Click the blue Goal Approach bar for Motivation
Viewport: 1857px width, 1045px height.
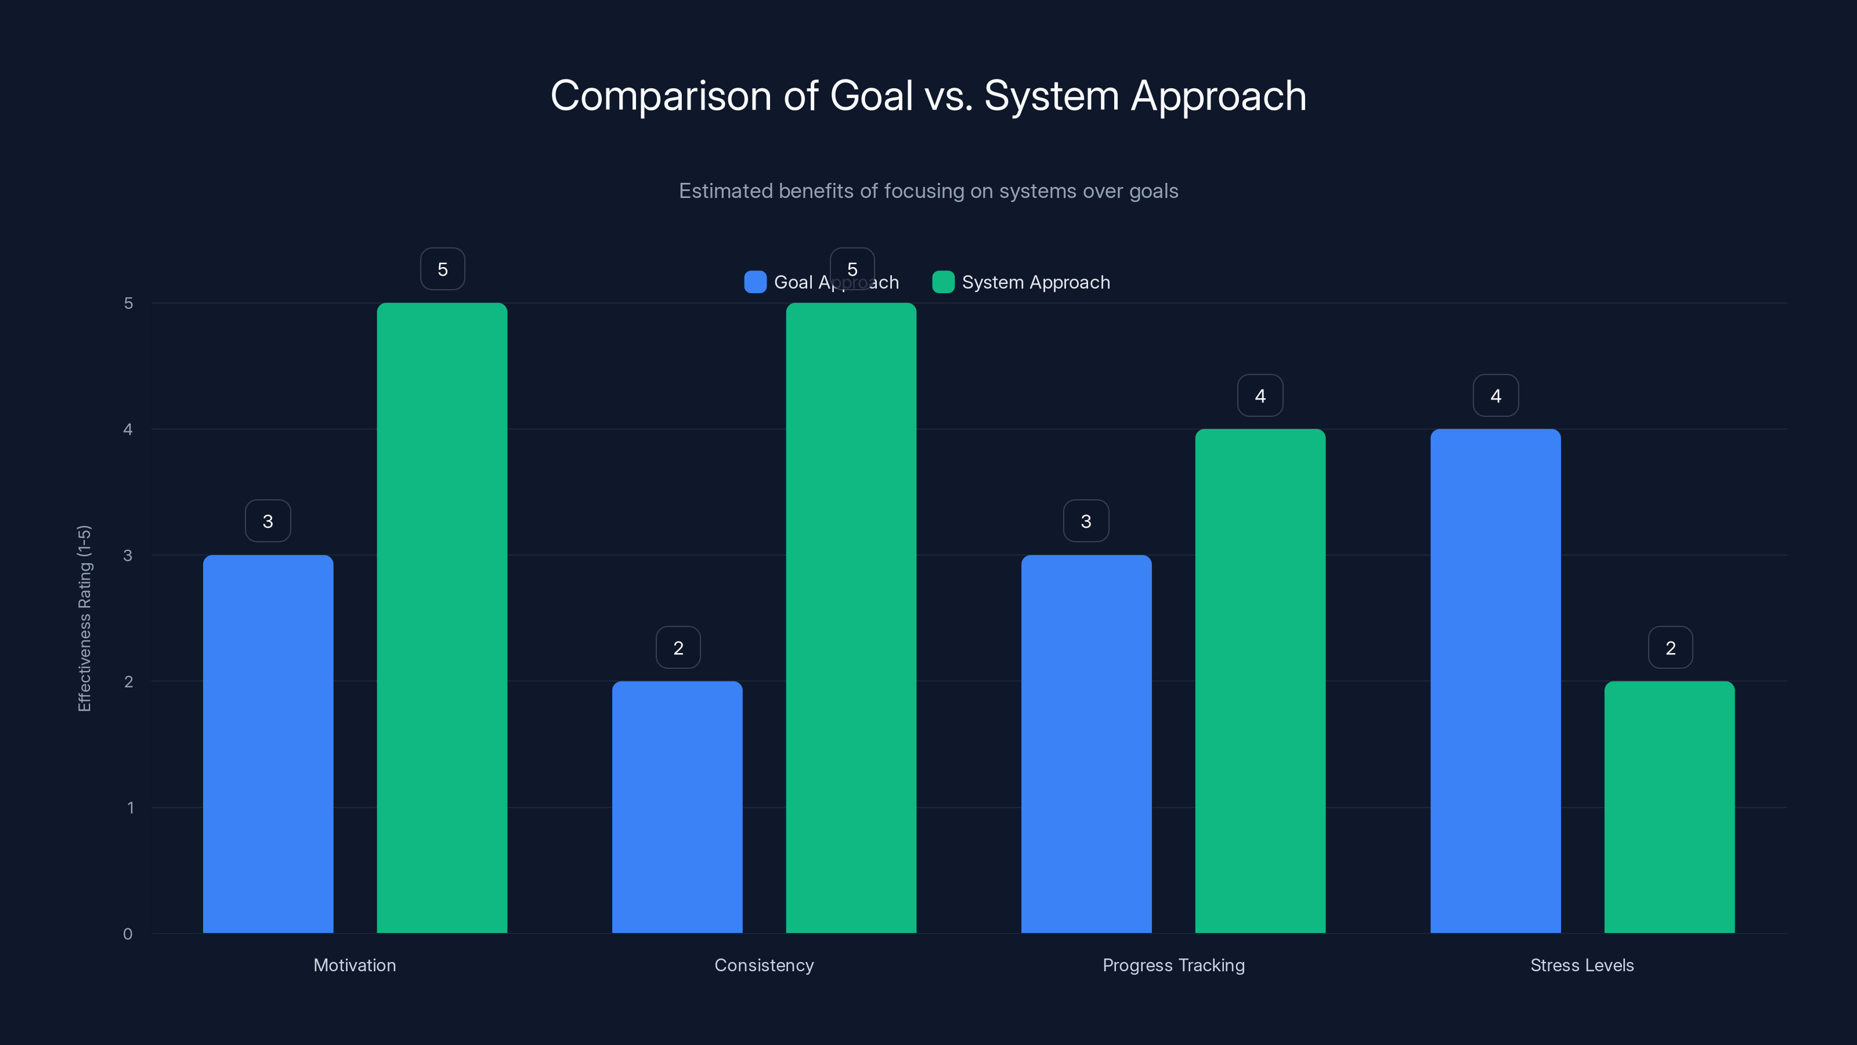(x=268, y=744)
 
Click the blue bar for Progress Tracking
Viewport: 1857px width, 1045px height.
(x=1086, y=744)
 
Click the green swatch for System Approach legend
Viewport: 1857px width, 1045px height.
(x=943, y=282)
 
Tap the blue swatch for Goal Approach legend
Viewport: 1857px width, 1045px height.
(x=755, y=282)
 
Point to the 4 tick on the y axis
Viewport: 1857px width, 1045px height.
(x=128, y=430)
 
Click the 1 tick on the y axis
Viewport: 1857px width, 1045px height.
(x=130, y=808)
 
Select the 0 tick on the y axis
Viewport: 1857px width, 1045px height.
(x=128, y=934)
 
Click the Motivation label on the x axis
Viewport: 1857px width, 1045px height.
(x=355, y=965)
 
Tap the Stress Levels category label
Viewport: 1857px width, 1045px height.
(x=1581, y=965)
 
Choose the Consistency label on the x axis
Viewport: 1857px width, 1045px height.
(x=764, y=965)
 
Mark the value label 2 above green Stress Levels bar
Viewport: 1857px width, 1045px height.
(x=1670, y=648)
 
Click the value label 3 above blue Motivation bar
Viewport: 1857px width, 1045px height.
(x=268, y=521)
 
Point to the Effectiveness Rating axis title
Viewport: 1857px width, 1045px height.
(x=84, y=618)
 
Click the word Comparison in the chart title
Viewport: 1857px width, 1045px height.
(x=660, y=96)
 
